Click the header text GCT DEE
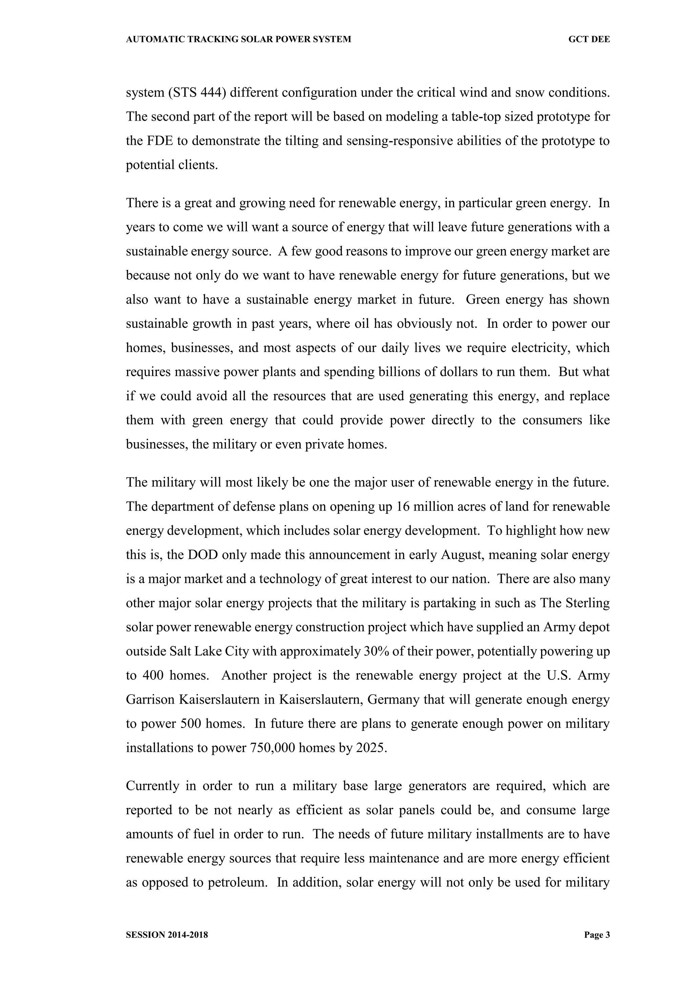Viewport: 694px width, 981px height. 589,39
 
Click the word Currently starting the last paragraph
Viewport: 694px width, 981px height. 152,786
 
